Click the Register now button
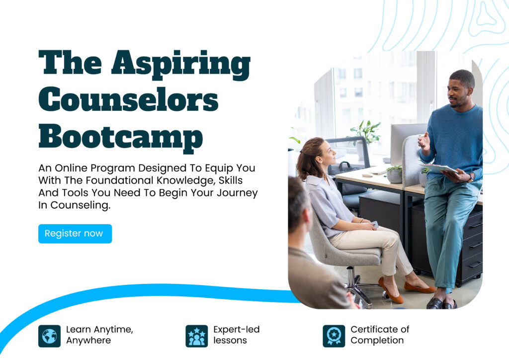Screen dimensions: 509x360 [75, 234]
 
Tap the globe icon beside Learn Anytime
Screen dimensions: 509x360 [49, 336]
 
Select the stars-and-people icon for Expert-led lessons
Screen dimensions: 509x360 [197, 336]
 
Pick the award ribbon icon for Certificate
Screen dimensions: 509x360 [334, 336]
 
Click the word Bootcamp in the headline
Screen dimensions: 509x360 [121, 138]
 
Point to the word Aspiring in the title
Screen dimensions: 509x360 [181, 65]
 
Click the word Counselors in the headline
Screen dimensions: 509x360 [129, 99]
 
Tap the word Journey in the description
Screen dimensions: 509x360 [237, 193]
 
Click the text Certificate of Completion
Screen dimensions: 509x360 [380, 335]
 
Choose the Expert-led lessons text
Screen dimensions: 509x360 [236, 335]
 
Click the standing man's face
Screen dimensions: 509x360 [458, 92]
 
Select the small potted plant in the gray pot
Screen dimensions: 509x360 [394, 175]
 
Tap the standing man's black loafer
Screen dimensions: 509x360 [434, 303]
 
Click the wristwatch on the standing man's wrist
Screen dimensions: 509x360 [470, 177]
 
